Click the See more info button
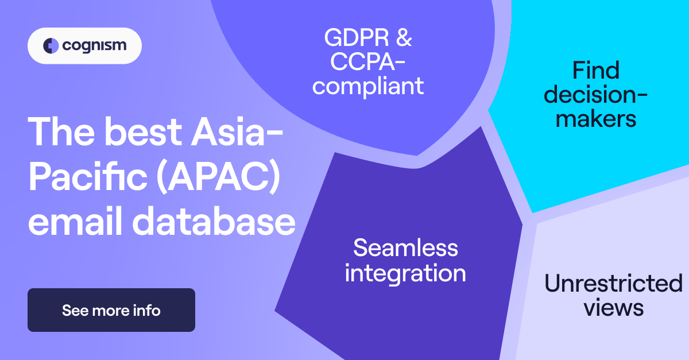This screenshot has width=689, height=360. coord(111,311)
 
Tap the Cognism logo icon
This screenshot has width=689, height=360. coord(51,45)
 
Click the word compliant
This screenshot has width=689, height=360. coord(368,86)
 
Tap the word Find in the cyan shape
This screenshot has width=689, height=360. coord(596,71)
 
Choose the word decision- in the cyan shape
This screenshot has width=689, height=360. coord(596,95)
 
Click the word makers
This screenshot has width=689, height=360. coord(596,119)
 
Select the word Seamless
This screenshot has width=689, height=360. coord(405,248)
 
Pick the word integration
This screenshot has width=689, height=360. coord(405,273)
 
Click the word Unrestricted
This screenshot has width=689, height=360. coord(613,284)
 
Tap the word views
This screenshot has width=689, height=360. coord(613,308)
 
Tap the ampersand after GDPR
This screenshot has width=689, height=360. coord(403,38)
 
